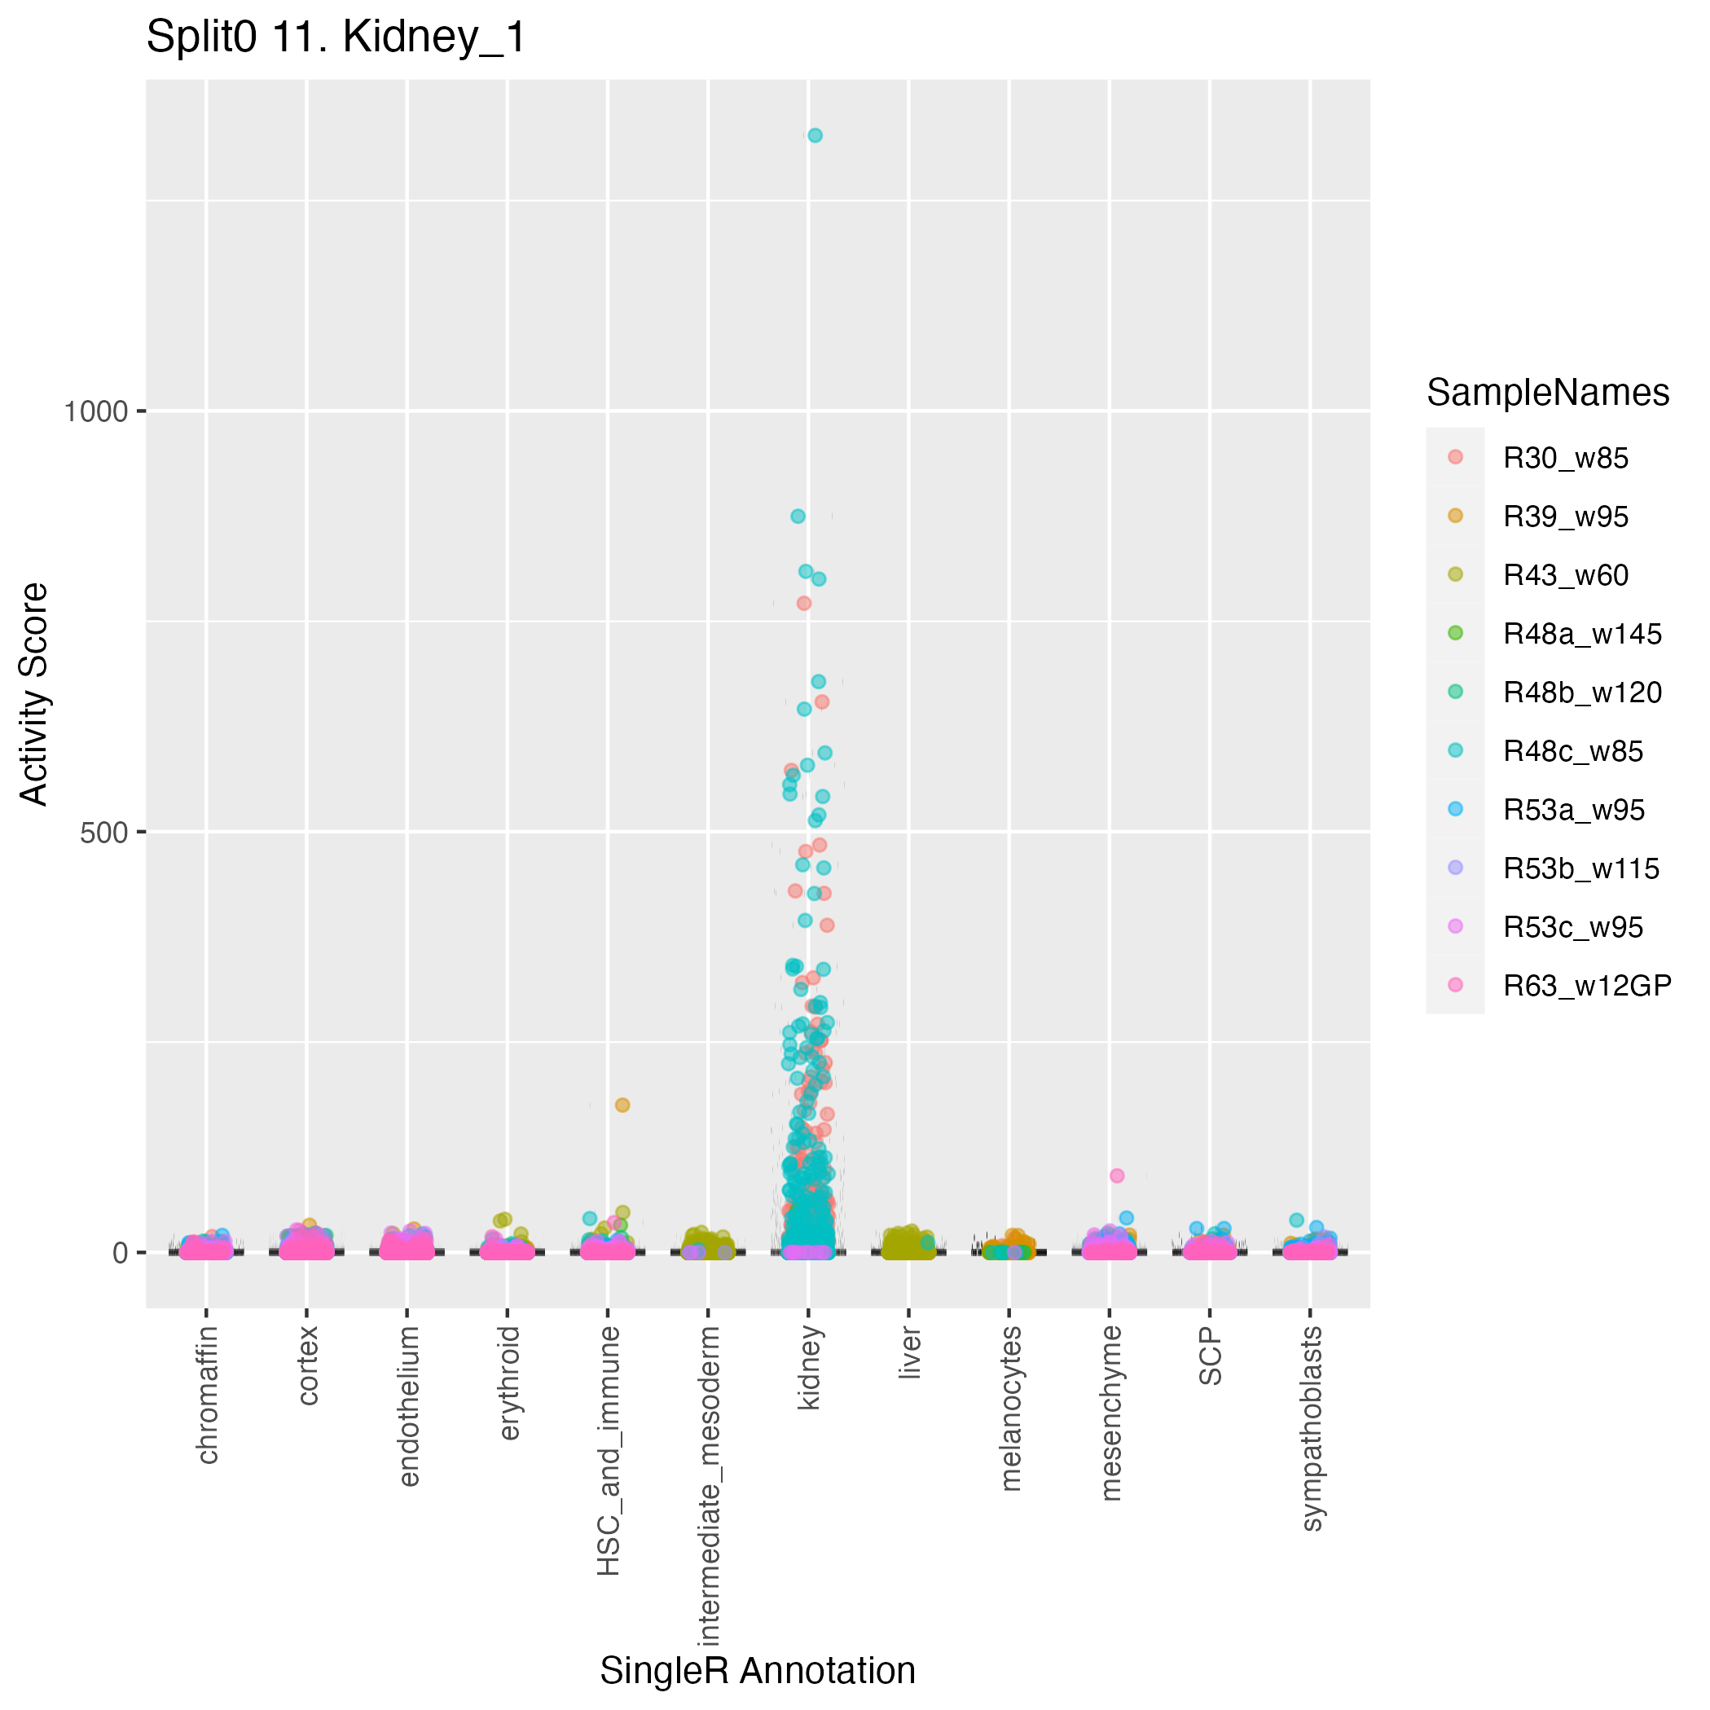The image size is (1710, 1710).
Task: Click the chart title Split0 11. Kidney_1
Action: pyautogui.click(x=336, y=38)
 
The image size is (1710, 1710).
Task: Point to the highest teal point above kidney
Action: pyautogui.click(x=815, y=135)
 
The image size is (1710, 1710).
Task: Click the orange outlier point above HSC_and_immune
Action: pyautogui.click(x=622, y=1105)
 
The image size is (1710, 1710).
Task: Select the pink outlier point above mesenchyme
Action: pyautogui.click(x=1117, y=1176)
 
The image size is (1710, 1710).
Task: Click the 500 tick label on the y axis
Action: pyautogui.click(x=104, y=833)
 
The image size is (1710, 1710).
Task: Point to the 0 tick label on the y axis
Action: pyautogui.click(x=122, y=1253)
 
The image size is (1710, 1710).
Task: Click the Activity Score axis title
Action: pyautogui.click(x=35, y=694)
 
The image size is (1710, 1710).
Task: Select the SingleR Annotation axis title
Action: pyautogui.click(x=758, y=1671)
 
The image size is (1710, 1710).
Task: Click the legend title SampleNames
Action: pyautogui.click(x=1548, y=393)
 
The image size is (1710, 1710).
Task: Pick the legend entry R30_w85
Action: pyautogui.click(x=1566, y=459)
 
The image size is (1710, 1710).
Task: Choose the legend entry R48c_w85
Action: pyautogui.click(x=1573, y=751)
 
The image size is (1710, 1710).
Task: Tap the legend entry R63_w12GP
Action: pyautogui.click(x=1587, y=986)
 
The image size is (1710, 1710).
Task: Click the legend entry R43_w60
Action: pyautogui.click(x=1566, y=575)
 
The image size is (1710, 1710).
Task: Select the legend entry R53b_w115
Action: pyautogui.click(x=1580, y=869)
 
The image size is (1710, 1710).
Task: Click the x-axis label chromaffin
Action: pyautogui.click(x=207, y=1395)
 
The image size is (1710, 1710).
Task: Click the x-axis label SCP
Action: pyautogui.click(x=1211, y=1358)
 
